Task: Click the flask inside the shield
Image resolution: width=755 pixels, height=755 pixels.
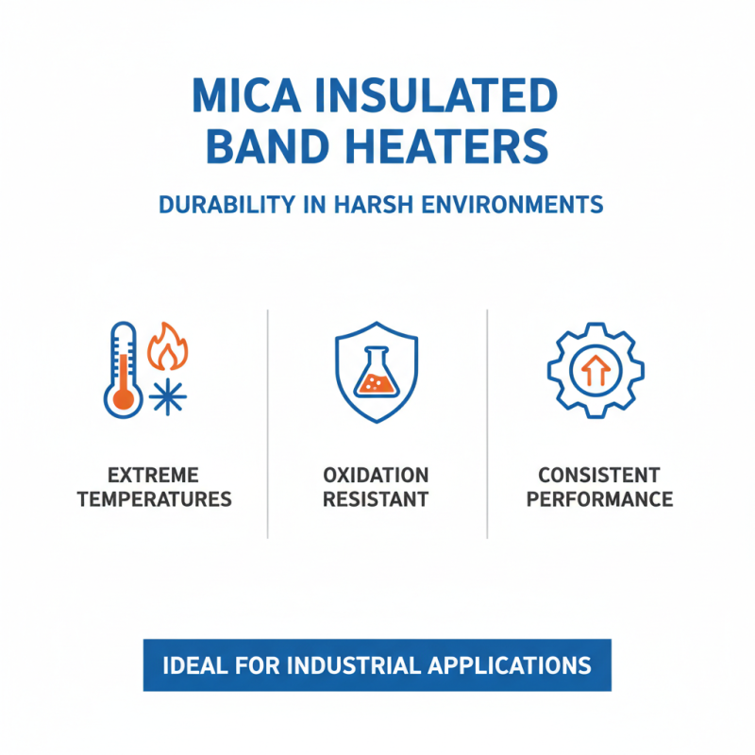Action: click(x=377, y=374)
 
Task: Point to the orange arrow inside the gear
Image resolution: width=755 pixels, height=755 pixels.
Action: click(x=595, y=371)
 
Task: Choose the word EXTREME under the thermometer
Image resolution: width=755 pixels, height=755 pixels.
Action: click(x=154, y=475)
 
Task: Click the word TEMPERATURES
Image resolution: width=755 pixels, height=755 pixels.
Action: click(x=154, y=499)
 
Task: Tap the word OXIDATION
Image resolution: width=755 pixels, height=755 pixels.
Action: click(x=377, y=475)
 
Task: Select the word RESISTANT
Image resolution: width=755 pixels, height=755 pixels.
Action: click(x=377, y=499)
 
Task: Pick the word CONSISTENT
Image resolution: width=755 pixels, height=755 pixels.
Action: click(x=599, y=475)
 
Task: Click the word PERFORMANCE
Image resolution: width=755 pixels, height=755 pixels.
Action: click(x=599, y=499)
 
